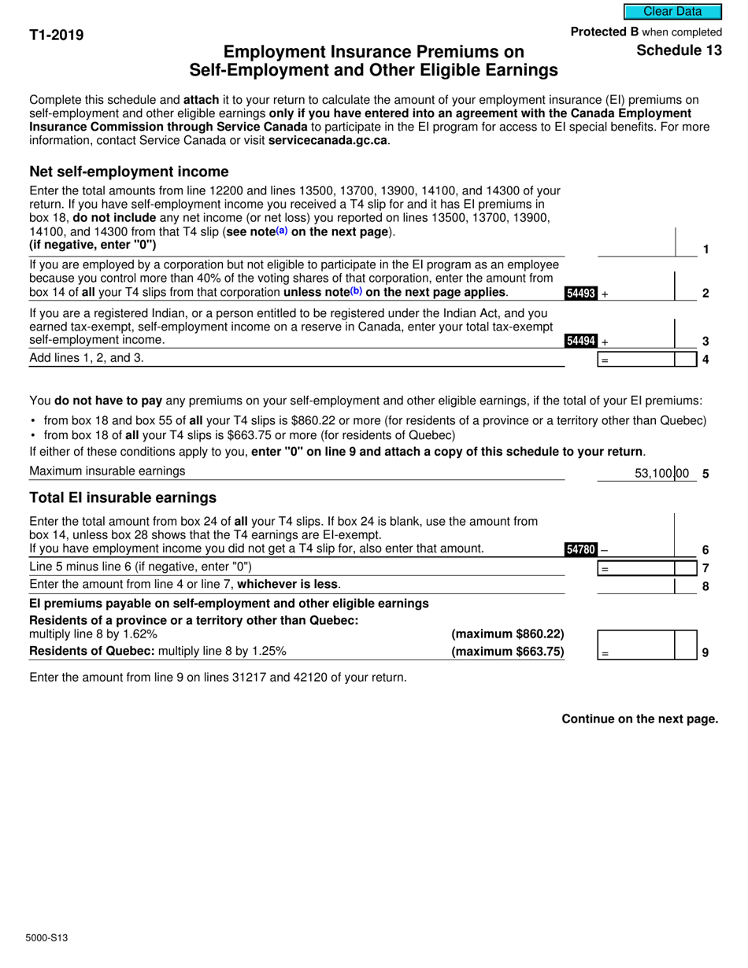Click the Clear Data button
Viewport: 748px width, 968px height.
pyautogui.click(x=672, y=12)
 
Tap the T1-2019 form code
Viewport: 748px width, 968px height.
pyautogui.click(x=57, y=35)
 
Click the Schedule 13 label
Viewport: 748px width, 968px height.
pyautogui.click(x=679, y=50)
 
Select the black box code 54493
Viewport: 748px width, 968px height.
pyautogui.click(x=580, y=294)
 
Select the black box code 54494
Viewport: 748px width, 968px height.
pyautogui.click(x=580, y=342)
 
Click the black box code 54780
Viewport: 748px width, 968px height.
pyautogui.click(x=581, y=549)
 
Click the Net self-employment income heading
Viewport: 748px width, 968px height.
pyautogui.click(x=128, y=172)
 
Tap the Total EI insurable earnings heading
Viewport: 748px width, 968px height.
pyautogui.click(x=122, y=497)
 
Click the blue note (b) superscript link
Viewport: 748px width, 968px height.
pyautogui.click(x=356, y=291)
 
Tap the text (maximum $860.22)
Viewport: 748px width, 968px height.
pyautogui.click(x=507, y=634)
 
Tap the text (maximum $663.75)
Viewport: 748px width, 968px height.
pyautogui.click(x=507, y=652)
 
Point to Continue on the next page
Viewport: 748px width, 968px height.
pyautogui.click(x=639, y=719)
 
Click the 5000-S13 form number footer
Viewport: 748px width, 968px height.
pyautogui.click(x=46, y=937)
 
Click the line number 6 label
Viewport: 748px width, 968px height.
pyautogui.click(x=705, y=550)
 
